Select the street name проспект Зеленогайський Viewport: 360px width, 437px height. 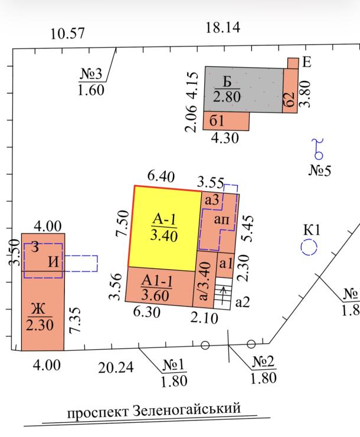(x=154, y=409)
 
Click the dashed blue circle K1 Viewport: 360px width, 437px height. (x=309, y=247)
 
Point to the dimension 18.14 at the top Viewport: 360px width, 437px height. (x=222, y=27)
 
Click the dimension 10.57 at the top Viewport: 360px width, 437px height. (x=67, y=34)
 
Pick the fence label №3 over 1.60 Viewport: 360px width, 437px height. (x=91, y=81)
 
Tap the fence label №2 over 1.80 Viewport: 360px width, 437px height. (x=263, y=369)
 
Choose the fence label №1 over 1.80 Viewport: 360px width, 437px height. (x=174, y=373)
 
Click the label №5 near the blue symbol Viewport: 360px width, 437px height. (x=320, y=171)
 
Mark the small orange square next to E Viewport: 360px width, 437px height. (x=293, y=63)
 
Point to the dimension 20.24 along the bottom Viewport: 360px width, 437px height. (x=116, y=368)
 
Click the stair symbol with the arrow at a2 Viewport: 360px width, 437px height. (x=222, y=293)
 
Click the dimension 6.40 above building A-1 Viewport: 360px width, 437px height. (x=161, y=176)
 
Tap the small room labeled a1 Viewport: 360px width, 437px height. (x=225, y=264)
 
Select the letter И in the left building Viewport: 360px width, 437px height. (x=54, y=261)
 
